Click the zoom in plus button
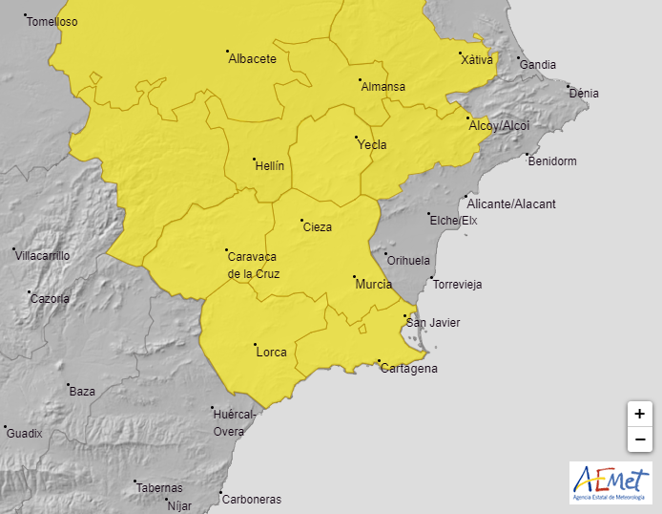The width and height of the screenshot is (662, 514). coord(639,415)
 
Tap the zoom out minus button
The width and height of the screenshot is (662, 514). coord(639,439)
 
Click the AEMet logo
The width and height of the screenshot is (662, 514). coord(610,482)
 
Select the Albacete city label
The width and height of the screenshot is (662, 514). coord(253,59)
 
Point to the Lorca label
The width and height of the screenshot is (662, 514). coord(272,353)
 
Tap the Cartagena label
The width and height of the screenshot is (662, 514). coord(408,369)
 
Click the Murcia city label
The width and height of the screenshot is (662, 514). coord(373,285)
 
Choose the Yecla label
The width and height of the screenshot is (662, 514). coord(372,145)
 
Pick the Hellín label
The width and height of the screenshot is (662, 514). coord(270,166)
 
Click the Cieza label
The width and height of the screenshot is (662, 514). coord(317,227)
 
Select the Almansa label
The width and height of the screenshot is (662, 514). coord(383,87)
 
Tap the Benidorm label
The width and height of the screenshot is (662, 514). coord(552,161)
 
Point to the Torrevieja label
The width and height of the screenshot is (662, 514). coord(457,285)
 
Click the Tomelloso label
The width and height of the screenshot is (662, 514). coord(52,22)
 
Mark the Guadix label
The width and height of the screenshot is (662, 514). coord(25,434)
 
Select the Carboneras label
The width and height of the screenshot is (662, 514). coord(251,500)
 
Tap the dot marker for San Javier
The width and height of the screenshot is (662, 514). coord(405,315)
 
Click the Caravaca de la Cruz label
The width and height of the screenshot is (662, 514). coord(253,265)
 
